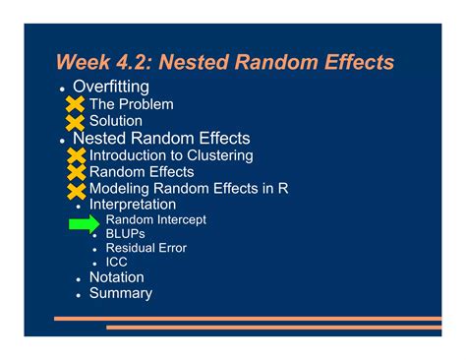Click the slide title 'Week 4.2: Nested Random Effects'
[225, 62]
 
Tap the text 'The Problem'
[131, 104]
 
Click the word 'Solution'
[116, 121]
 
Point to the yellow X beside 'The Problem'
[75, 104]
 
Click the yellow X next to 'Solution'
[75, 122]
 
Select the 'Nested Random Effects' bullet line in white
[161, 139]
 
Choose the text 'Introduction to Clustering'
[170, 155]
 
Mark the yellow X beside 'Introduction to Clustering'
[75, 155]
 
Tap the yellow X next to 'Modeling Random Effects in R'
[75, 189]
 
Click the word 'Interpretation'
[133, 205]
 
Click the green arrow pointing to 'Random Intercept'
[84, 225]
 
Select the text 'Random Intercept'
[155, 220]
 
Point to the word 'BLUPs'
[125, 234]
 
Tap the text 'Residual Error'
[146, 248]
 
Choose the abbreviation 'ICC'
[117, 263]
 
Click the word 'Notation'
[116, 277]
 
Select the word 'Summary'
[120, 293]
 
